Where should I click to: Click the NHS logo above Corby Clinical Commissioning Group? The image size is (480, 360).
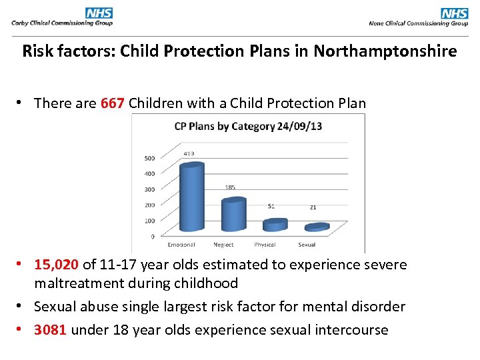click(99, 13)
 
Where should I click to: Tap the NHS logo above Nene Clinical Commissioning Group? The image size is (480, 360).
click(454, 13)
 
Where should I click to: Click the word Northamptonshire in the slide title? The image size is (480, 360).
click(385, 51)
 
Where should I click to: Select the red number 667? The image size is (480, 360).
click(113, 103)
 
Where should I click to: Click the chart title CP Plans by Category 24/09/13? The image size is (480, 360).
click(248, 126)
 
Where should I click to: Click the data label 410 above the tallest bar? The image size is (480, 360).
click(190, 153)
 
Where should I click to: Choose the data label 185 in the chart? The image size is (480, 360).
click(230, 187)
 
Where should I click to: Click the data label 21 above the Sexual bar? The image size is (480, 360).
click(313, 207)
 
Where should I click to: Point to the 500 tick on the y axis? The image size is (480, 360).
click(149, 158)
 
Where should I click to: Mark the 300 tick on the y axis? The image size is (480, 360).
click(149, 189)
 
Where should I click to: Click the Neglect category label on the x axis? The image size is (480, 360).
click(223, 245)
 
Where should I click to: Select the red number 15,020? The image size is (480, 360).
click(57, 265)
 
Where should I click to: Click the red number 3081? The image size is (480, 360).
click(51, 330)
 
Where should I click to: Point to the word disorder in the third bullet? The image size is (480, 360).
click(378, 307)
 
